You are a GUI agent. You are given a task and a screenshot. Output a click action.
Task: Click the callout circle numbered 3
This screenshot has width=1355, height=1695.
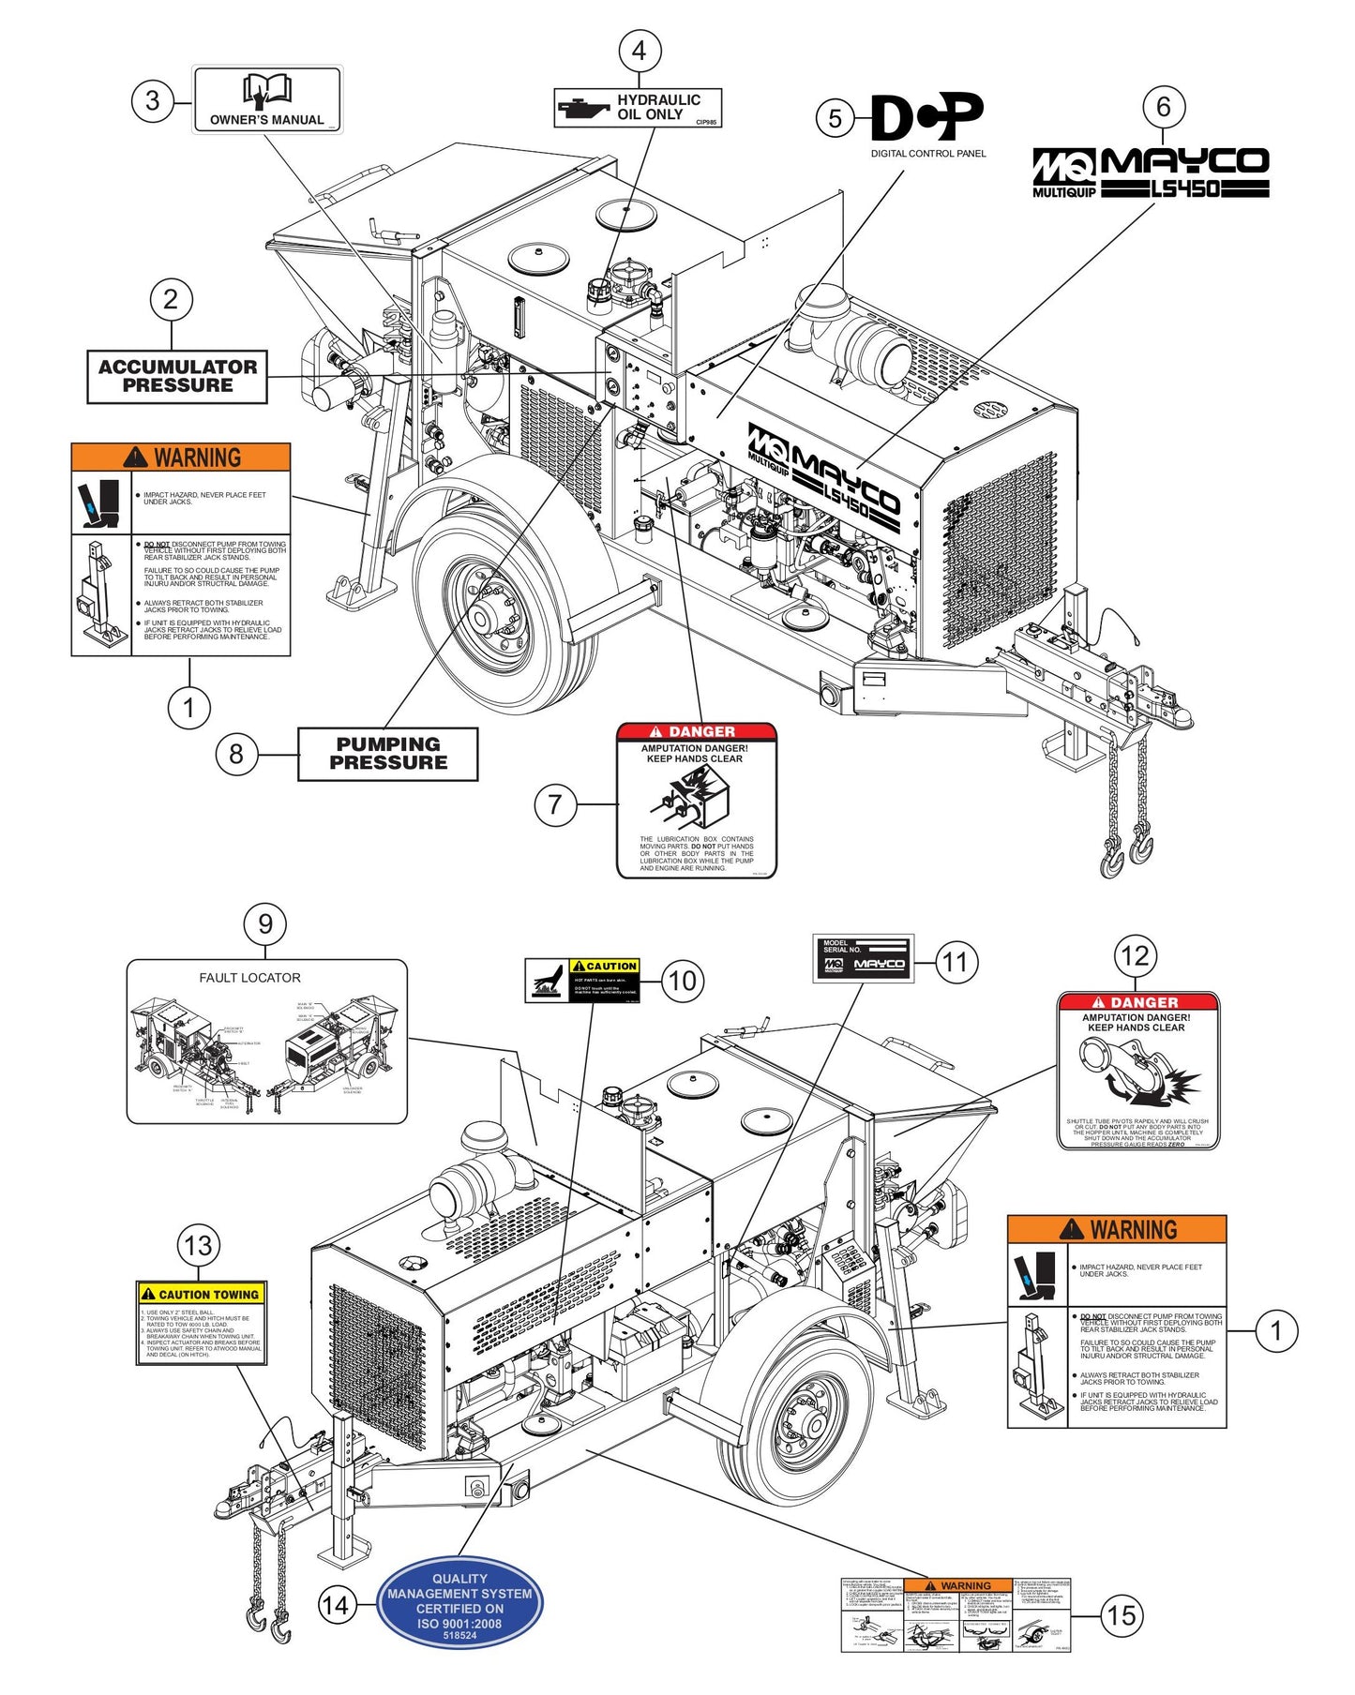(x=153, y=100)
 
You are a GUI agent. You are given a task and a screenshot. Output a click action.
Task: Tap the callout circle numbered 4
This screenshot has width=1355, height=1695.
(x=640, y=51)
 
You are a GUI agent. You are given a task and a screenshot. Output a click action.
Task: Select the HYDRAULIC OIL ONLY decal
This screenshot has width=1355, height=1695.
(x=638, y=108)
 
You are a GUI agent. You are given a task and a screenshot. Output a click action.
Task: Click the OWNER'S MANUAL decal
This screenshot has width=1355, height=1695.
(x=267, y=99)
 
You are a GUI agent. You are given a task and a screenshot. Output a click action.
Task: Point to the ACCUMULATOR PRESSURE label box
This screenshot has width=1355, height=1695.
(x=177, y=377)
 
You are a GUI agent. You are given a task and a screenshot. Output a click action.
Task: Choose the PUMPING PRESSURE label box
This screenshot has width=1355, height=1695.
(x=387, y=754)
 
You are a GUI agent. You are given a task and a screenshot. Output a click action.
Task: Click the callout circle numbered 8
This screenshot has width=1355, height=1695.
(x=236, y=754)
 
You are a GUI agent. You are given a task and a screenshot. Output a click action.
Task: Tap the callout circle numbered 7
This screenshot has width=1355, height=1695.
(x=555, y=804)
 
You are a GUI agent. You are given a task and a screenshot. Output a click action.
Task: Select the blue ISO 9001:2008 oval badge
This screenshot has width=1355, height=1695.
(x=459, y=1601)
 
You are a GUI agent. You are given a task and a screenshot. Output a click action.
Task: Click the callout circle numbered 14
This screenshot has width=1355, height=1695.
(x=336, y=1605)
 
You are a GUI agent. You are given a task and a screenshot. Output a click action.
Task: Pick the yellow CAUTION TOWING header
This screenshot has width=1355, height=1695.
(x=202, y=1295)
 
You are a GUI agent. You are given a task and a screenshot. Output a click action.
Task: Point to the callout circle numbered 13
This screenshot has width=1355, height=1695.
(x=199, y=1246)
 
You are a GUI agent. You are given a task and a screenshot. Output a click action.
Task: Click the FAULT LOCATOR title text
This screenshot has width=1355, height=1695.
(x=249, y=978)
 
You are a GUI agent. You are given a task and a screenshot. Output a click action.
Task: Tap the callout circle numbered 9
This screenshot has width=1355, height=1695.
(x=265, y=924)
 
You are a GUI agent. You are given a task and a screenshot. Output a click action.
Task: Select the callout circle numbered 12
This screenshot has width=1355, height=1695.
(x=1136, y=956)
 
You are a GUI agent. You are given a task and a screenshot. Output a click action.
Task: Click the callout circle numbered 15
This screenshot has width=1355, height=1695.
(x=1122, y=1615)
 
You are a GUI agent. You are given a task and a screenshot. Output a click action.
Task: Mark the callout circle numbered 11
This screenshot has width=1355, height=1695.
(x=955, y=962)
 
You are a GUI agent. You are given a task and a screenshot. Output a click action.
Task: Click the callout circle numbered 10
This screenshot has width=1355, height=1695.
(x=683, y=982)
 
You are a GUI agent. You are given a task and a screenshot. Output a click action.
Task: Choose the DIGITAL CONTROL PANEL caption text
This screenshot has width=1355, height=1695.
(x=928, y=154)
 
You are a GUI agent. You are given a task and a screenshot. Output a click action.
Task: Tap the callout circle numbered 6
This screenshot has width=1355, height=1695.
(x=1164, y=107)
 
